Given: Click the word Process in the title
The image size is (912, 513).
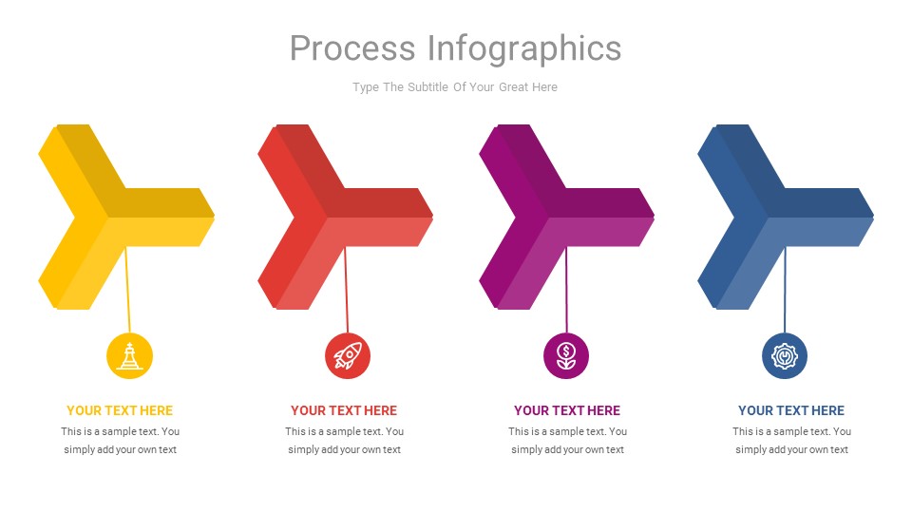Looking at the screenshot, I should coord(351,47).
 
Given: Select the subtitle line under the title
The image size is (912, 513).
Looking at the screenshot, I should coord(455,87).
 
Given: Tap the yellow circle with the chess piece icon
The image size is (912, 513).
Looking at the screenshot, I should coord(129,356).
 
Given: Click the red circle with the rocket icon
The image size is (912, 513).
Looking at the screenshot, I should coord(348,356).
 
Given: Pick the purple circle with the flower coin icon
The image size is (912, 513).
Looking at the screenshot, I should coord(566,356).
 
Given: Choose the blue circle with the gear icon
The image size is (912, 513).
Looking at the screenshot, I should coord(785,356).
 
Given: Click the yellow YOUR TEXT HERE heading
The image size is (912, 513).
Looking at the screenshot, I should coord(120,411).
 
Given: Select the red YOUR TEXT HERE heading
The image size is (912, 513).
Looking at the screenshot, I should coord(344,411).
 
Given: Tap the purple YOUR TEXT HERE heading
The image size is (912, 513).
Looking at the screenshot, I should coord(567,411).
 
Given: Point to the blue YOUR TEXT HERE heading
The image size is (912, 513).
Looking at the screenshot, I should coord(791,411).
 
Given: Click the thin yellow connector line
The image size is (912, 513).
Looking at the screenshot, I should coord(127,290).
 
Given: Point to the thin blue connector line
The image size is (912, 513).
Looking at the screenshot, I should coord(785,290).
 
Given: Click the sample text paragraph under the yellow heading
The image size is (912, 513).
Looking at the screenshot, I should coord(121,441).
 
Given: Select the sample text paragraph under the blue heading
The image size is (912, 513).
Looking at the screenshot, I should coord(791,441).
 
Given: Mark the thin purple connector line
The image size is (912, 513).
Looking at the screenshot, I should coord(566,290).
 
